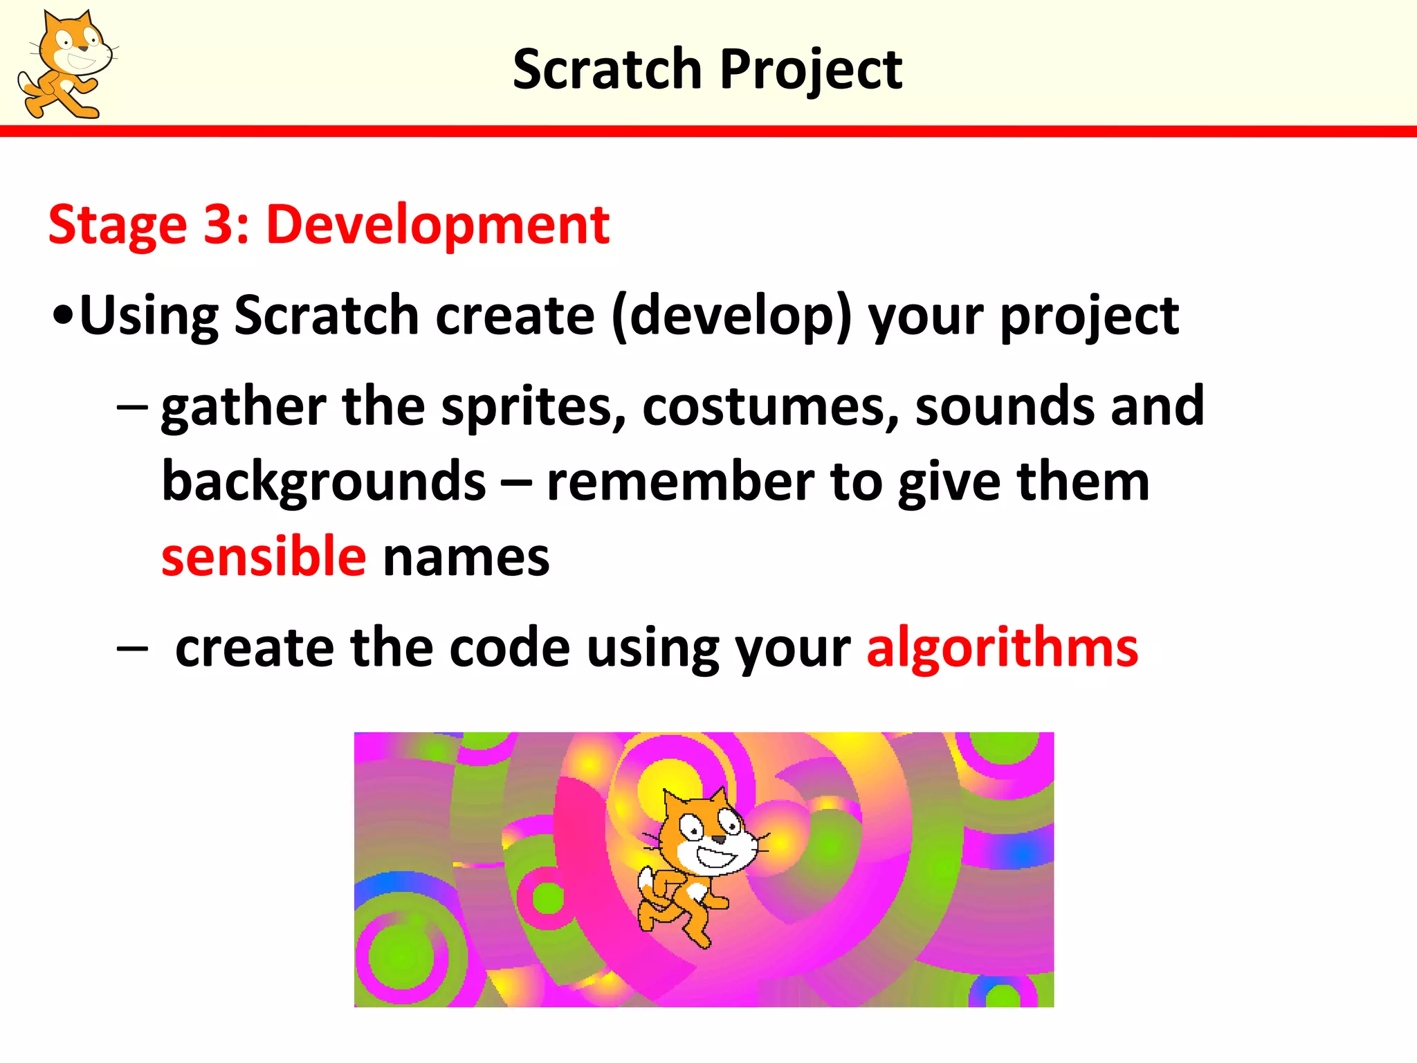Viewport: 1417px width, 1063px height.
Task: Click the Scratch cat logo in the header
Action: tap(67, 64)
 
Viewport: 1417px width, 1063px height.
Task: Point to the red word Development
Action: tap(437, 226)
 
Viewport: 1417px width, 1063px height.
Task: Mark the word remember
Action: tap(680, 482)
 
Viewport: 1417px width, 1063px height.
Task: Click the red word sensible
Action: tap(264, 556)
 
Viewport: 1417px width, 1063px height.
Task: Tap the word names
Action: tap(466, 558)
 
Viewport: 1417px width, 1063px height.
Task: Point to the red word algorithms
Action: tap(1002, 648)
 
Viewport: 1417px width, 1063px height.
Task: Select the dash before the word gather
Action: tap(131, 406)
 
